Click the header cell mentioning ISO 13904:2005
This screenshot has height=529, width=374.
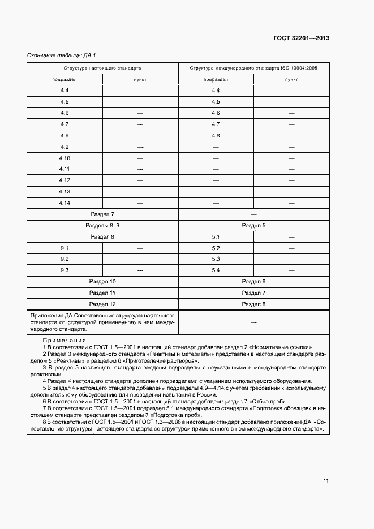coord(253,67)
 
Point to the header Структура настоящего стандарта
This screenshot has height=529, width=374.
coord(102,67)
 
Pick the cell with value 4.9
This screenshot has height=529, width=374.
coord(65,147)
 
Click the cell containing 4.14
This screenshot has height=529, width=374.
coord(65,203)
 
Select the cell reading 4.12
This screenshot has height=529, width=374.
coord(65,180)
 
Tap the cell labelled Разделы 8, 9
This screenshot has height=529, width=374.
coord(102,225)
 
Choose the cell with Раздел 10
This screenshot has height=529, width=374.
coord(102,281)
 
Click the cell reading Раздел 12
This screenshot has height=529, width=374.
coord(102,304)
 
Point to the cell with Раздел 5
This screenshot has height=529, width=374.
coord(253,225)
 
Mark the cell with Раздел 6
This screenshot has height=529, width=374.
coord(253,281)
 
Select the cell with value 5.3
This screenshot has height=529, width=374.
coord(216,259)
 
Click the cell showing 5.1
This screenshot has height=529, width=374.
coord(216,236)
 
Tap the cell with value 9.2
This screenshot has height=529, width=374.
coord(65,259)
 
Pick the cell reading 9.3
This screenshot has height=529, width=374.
coord(65,270)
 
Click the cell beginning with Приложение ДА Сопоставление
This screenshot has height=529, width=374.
coord(102,321)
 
